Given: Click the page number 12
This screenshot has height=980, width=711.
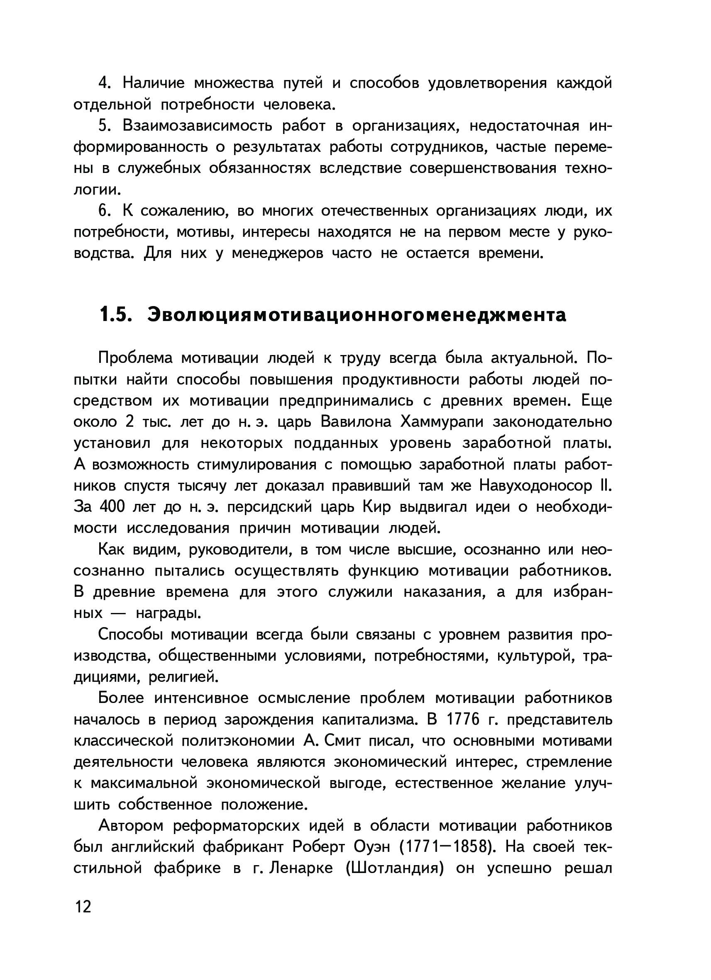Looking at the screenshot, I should click(x=83, y=907).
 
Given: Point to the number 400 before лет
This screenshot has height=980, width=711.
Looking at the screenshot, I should click(x=112, y=507).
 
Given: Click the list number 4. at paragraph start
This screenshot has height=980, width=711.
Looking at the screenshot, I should click(x=105, y=83).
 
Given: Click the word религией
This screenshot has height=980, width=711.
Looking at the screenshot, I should click(x=183, y=677).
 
